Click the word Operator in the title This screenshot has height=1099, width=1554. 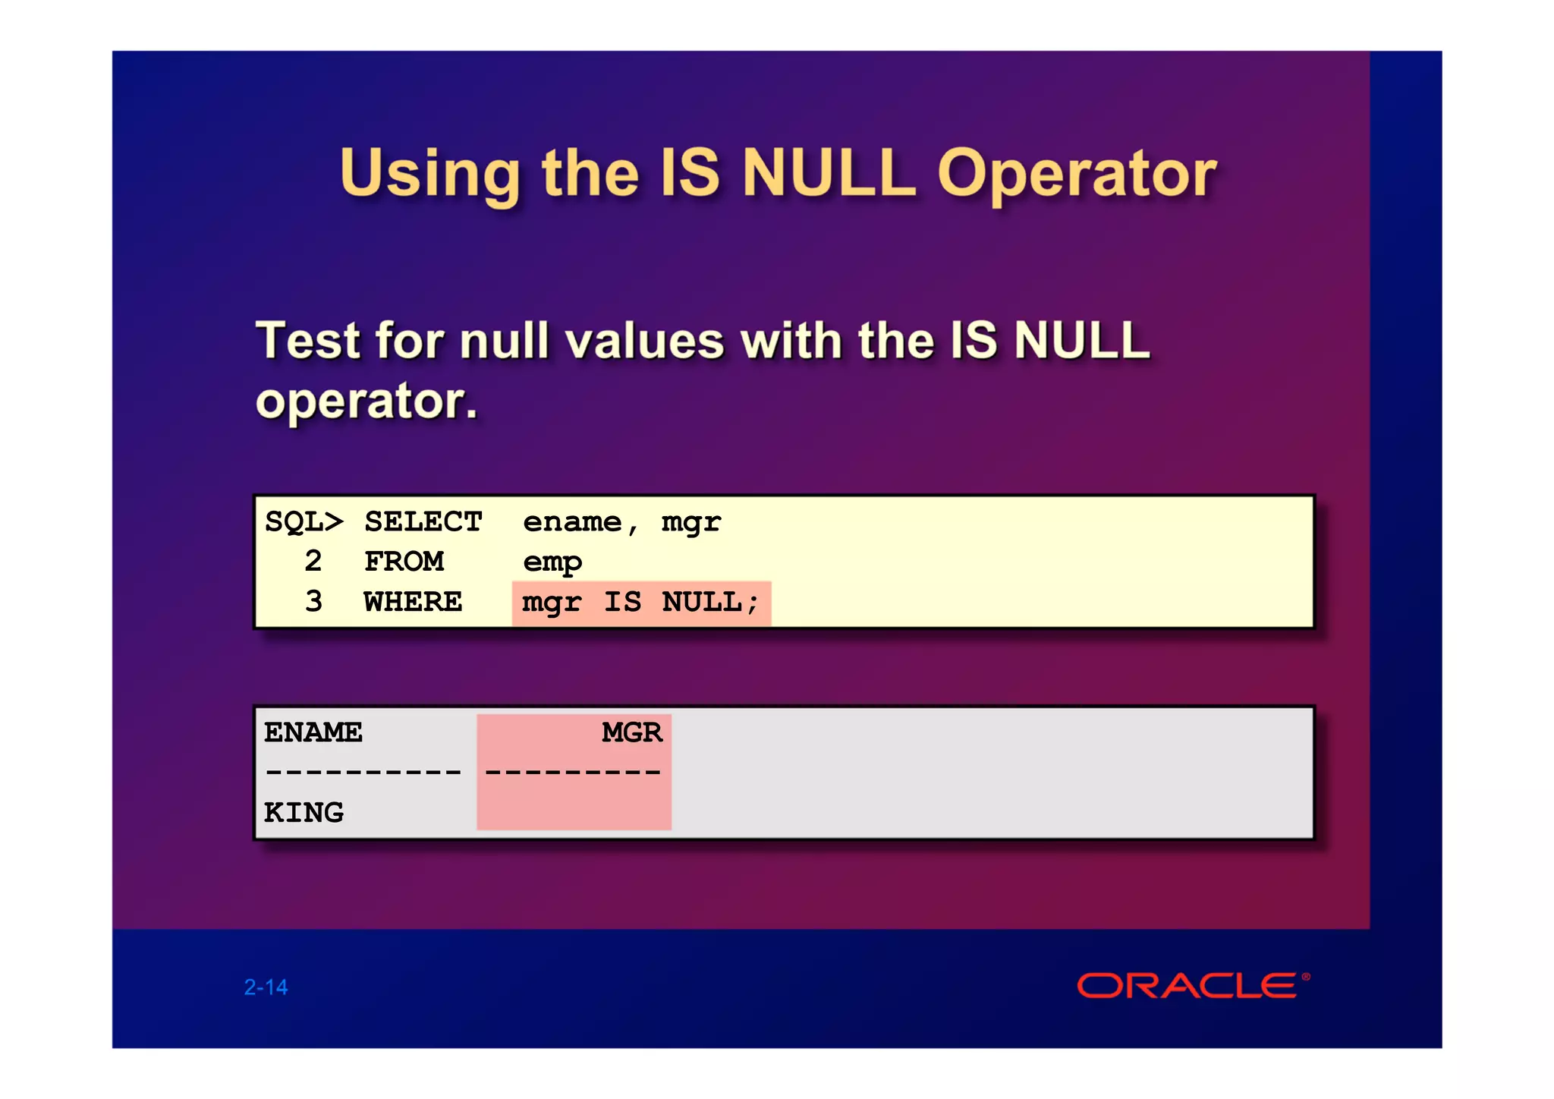tap(1077, 175)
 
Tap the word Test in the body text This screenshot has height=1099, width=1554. tap(307, 341)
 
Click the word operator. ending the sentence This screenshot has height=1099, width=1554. tap(366, 401)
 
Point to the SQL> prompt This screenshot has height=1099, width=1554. tap(304, 522)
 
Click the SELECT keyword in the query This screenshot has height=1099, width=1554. tap(423, 522)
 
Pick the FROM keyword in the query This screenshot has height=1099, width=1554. tap(404, 562)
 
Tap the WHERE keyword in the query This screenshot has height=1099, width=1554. tap(413, 603)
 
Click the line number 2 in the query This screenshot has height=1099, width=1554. tap(313, 562)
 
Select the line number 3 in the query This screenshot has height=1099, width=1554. tap(313, 603)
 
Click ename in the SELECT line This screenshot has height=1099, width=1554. tap(572, 522)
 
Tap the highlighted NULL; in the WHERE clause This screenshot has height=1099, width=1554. tap(709, 603)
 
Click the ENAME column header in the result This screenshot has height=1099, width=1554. tap(313, 733)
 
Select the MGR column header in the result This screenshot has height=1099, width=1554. tap(631, 733)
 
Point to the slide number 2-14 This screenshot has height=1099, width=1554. tap(266, 987)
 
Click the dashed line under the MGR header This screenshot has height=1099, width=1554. tap(573, 773)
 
